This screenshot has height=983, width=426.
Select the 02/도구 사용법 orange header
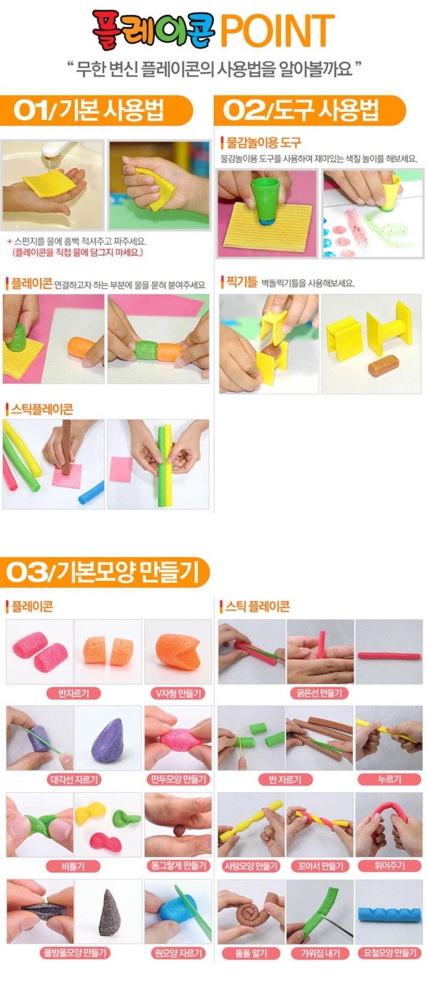(x=310, y=111)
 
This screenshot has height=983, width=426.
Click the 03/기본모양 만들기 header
(x=105, y=572)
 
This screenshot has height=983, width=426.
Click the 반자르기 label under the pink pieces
(x=73, y=693)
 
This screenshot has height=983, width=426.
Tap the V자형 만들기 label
(x=178, y=693)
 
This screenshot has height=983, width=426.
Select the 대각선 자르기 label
(x=73, y=780)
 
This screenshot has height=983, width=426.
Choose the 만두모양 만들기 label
(x=178, y=780)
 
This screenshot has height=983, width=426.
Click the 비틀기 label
(x=73, y=866)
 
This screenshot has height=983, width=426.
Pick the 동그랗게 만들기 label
(x=178, y=866)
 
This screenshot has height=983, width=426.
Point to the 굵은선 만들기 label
(x=319, y=693)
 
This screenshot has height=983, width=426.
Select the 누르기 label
(x=389, y=780)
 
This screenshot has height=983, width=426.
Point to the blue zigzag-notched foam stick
(x=388, y=912)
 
